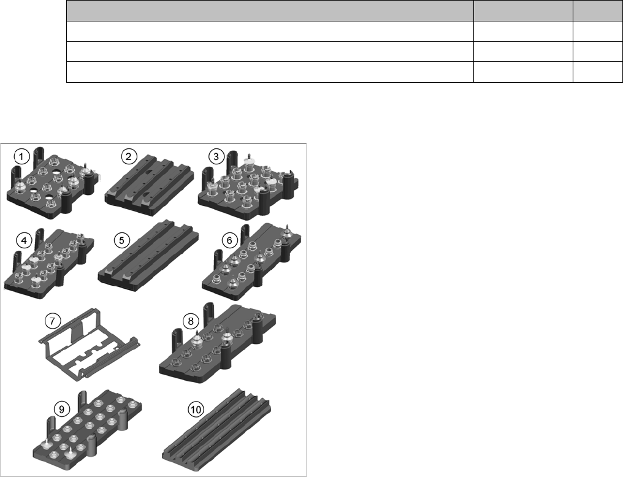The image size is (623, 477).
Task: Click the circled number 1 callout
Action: click(x=21, y=156)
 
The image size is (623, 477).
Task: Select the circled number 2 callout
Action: click(x=128, y=156)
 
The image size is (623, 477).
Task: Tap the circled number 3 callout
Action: click(x=216, y=156)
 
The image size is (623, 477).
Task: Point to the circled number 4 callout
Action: click(x=25, y=240)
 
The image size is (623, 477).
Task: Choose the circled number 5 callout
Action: click(x=121, y=240)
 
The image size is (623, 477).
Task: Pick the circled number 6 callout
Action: click(x=229, y=240)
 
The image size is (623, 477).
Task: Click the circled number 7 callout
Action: click(x=53, y=321)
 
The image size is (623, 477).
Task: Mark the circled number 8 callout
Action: click(x=191, y=321)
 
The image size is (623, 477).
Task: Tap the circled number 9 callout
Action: click(x=61, y=409)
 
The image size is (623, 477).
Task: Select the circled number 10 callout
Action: click(x=196, y=409)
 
